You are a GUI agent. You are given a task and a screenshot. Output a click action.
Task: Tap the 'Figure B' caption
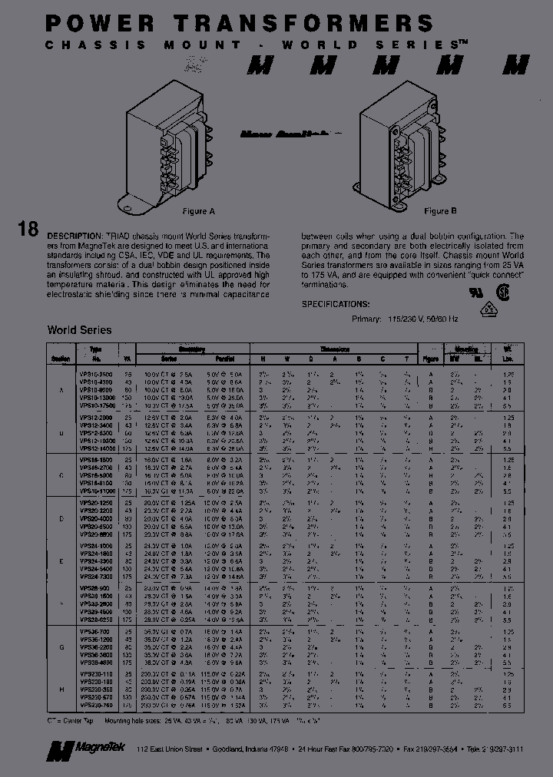coord(441,211)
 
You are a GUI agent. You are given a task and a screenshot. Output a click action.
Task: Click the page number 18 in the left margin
coord(26,230)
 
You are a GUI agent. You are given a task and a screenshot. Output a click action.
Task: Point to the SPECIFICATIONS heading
coord(336,304)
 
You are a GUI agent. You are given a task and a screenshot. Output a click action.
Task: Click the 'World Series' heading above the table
coord(79,330)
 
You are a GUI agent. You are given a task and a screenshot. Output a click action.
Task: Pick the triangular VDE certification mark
coord(485,309)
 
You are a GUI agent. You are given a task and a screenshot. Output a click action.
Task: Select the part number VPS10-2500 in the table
coord(95,374)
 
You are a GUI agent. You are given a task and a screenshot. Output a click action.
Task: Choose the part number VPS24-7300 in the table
coord(95,576)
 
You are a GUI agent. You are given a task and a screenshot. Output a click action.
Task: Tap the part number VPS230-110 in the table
coord(95,673)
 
